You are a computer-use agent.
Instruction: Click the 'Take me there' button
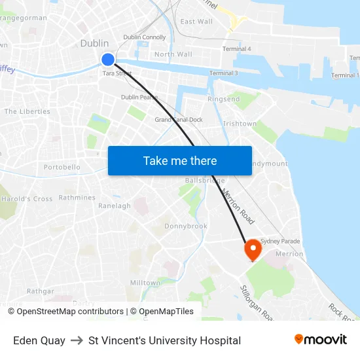(x=180, y=160)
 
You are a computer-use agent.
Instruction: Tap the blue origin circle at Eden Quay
(x=108, y=60)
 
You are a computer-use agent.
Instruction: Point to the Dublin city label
(x=94, y=43)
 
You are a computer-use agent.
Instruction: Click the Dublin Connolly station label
(x=145, y=37)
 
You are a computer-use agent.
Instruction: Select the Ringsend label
(x=223, y=99)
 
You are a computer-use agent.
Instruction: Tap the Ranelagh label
(x=114, y=206)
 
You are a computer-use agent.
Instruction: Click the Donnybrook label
(x=185, y=226)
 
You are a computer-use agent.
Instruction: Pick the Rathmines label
(x=77, y=198)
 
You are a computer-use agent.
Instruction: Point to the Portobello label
(x=62, y=168)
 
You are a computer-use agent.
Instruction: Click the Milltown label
(x=145, y=283)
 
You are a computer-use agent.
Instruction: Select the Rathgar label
(x=41, y=291)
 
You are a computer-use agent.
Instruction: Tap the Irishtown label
(x=240, y=123)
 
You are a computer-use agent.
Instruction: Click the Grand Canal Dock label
(x=179, y=120)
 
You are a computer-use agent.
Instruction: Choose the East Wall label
(x=196, y=22)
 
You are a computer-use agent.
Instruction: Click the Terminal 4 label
(x=236, y=49)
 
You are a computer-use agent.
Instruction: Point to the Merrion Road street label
(x=238, y=207)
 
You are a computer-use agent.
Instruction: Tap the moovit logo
(x=320, y=340)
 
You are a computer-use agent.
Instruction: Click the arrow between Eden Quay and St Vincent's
(x=77, y=340)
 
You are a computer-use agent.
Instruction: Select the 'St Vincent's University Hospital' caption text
(x=164, y=340)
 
